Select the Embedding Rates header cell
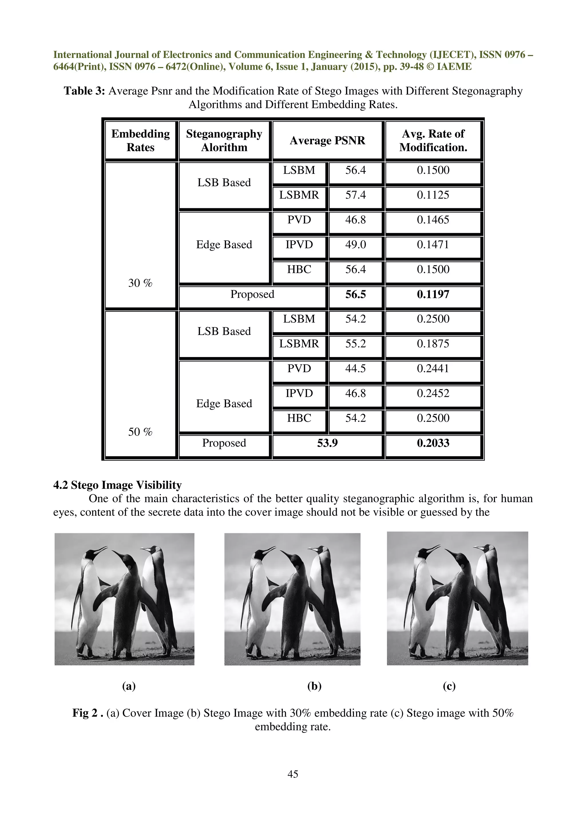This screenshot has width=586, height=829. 140,140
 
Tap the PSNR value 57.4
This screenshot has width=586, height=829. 355,195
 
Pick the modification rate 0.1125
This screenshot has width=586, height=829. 433,195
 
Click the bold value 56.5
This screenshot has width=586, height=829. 355,294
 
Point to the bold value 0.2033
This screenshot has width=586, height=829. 433,443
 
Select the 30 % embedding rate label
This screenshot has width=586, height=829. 140,283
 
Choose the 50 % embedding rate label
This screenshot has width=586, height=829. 140,432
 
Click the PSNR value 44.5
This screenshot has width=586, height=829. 355,369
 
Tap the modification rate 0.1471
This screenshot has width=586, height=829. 433,245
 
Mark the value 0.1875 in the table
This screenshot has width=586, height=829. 433,344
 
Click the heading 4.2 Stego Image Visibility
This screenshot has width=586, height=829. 117,485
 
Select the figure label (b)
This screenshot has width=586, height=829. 314,686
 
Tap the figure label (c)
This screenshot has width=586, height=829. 449,686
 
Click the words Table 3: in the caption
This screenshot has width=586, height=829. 84,91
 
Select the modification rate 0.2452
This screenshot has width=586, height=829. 433,394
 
